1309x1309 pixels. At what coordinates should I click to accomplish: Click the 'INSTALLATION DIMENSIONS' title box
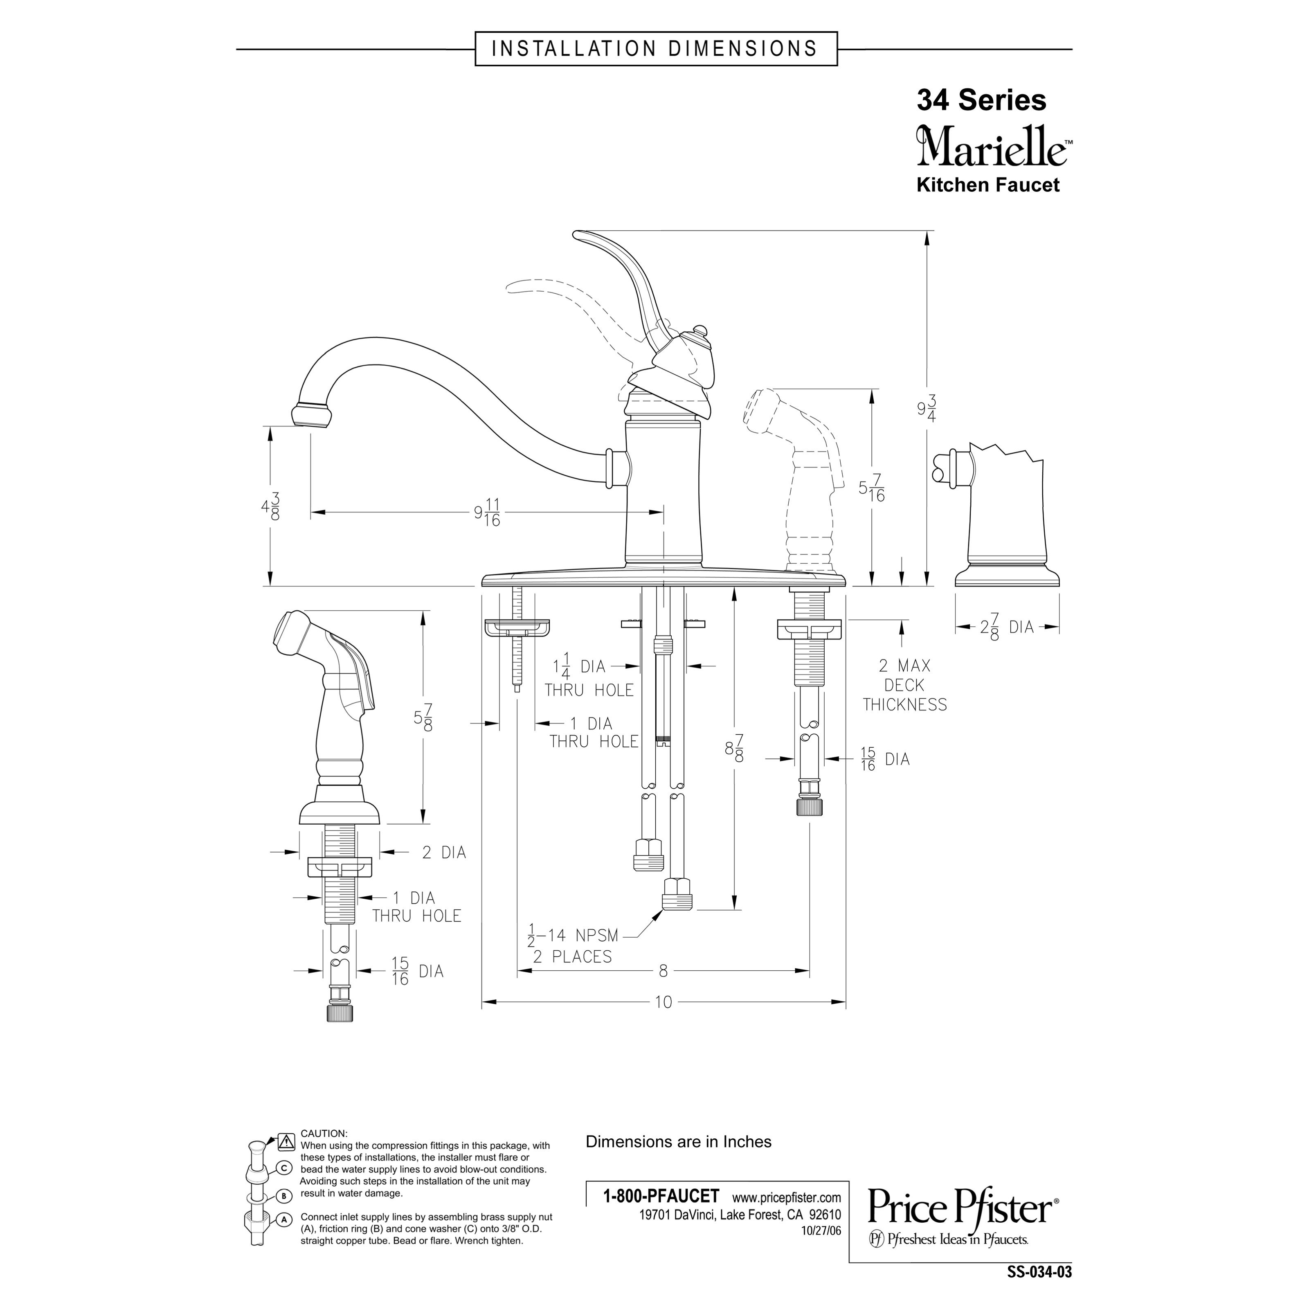655,49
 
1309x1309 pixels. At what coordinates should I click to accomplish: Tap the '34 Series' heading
981,100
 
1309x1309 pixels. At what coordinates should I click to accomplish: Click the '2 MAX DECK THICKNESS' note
904,685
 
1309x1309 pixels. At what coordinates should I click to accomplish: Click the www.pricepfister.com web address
786,1197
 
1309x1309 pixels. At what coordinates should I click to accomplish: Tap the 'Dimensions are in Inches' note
678,1142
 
